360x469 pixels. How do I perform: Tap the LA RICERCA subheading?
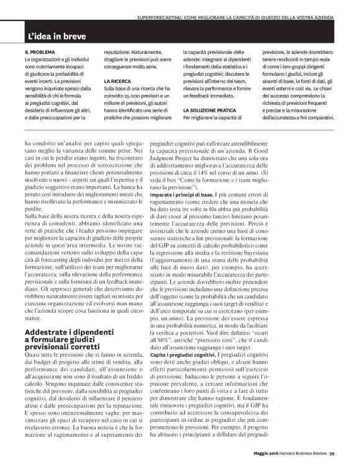coord(118,81)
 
